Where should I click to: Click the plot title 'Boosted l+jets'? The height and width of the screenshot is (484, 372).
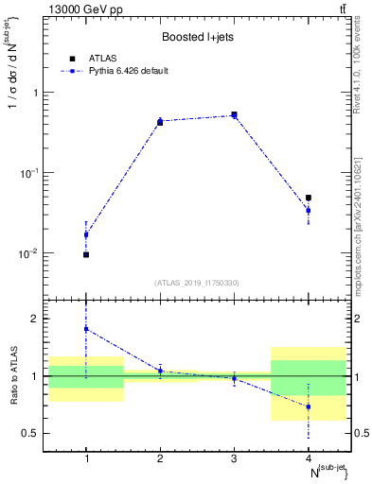[x=197, y=38]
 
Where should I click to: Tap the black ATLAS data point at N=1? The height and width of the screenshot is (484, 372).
[x=86, y=254]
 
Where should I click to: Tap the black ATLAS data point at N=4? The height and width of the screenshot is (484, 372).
[x=309, y=198]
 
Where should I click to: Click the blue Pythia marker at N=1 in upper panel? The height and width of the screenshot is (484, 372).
[x=86, y=234]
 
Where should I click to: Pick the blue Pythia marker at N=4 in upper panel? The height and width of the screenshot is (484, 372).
[x=309, y=211]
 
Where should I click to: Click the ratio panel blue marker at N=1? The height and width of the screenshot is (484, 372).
[x=86, y=329]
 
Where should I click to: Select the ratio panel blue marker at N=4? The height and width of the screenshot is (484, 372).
[x=309, y=406]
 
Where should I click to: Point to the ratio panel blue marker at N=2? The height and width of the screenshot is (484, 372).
[x=160, y=371]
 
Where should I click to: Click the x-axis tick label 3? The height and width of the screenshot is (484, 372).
[x=234, y=458]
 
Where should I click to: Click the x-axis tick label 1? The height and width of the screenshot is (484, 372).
[x=86, y=458]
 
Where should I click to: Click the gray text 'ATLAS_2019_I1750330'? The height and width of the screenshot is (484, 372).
[x=197, y=282]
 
